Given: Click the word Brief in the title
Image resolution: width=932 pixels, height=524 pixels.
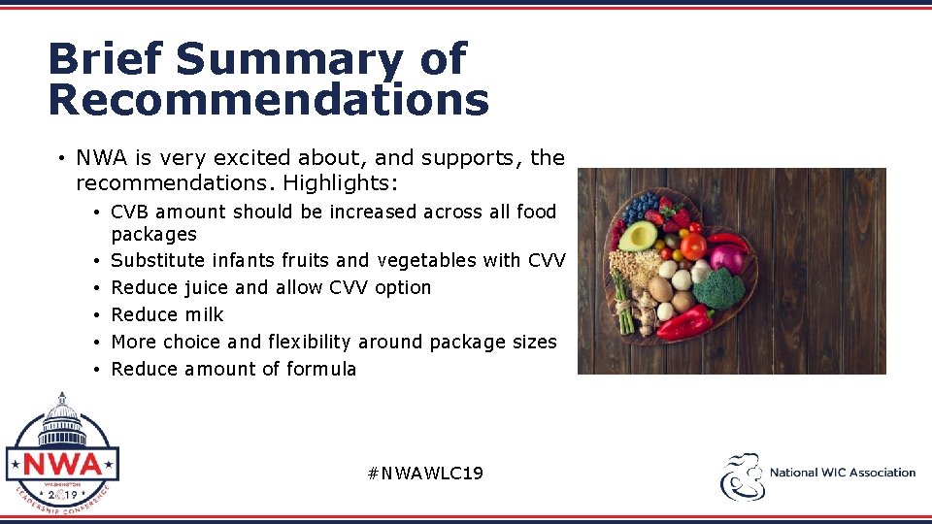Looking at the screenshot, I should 106,60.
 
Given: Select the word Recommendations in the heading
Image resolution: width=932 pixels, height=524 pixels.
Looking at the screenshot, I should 269,100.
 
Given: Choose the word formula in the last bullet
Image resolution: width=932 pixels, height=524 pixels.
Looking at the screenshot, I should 321,369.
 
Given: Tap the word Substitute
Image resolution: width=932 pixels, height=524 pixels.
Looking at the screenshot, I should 158,260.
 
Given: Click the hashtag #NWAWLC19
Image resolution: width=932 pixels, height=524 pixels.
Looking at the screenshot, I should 425,474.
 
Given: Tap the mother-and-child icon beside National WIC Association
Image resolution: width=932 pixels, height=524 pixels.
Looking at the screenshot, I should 742,475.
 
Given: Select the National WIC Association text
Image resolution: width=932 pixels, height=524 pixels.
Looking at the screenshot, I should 842,473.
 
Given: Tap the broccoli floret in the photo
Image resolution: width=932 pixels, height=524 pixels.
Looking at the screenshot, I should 719,289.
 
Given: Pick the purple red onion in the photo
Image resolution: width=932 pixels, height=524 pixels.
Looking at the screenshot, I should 725,258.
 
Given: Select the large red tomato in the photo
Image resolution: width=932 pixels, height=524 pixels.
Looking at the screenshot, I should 692,246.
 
